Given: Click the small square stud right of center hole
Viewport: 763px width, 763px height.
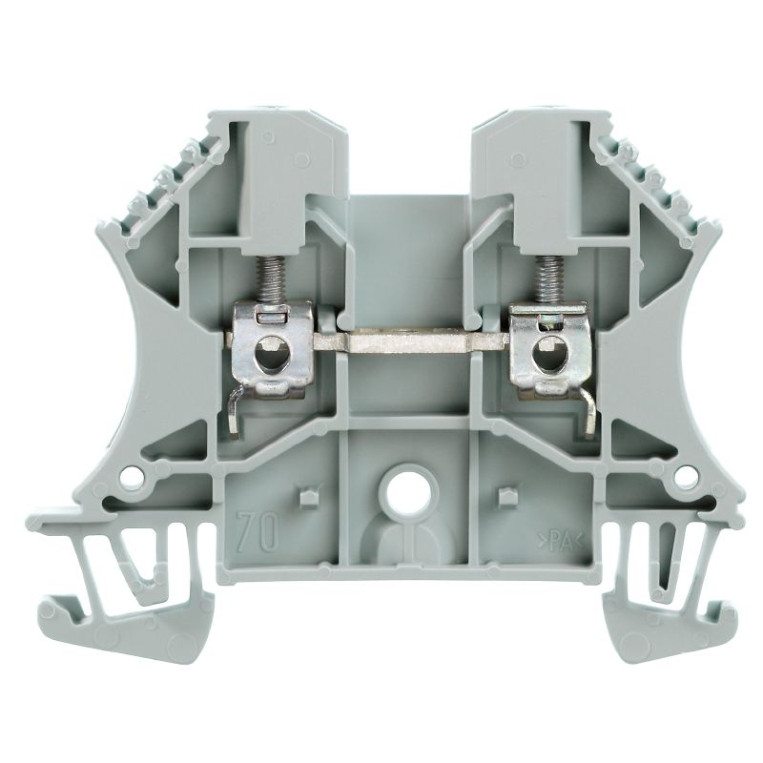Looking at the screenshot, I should [x=505, y=497].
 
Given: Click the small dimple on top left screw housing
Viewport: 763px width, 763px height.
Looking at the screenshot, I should [x=270, y=137].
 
